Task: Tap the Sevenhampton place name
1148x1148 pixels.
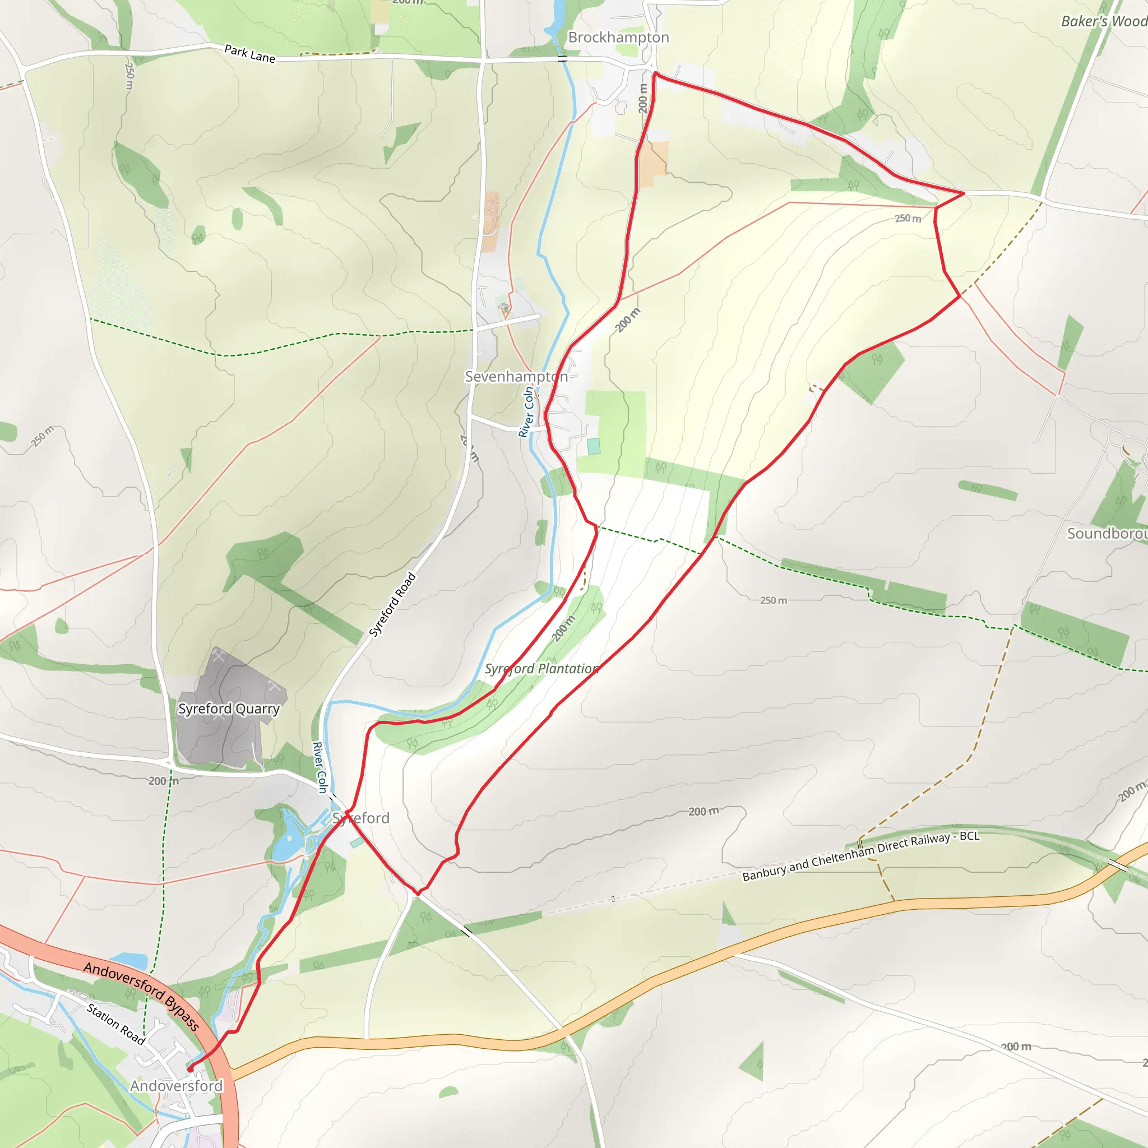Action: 516,376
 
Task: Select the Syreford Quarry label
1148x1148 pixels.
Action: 229,709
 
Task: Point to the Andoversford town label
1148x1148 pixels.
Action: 177,1086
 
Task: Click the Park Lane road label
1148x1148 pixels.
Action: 249,53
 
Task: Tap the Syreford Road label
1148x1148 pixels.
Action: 392,604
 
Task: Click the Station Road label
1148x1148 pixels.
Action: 116,1024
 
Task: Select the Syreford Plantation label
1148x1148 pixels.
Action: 541,669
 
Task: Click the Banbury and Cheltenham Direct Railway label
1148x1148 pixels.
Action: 860,857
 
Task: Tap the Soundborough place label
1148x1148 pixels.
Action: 1107,533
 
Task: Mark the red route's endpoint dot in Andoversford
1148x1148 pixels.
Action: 190,1069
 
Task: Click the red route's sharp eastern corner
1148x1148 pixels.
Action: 963,193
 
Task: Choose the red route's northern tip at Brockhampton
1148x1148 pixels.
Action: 654,73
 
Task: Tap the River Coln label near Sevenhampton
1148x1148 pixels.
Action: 526,412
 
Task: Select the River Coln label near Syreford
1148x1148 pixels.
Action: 320,767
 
